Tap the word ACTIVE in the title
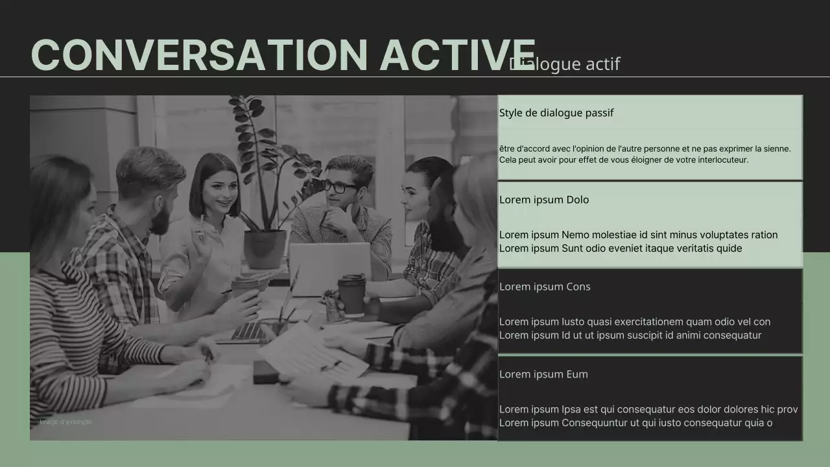tap(457, 55)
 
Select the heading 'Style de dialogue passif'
tap(556, 113)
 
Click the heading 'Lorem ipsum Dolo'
tap(543, 200)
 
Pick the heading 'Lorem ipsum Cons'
tap(544, 287)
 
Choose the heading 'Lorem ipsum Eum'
tap(543, 374)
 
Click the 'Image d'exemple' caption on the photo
tap(65, 422)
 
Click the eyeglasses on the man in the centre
tap(339, 187)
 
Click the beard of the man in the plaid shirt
tap(160, 220)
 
